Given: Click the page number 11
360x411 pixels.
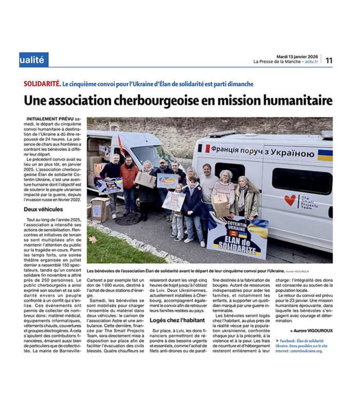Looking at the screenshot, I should pos(329,60).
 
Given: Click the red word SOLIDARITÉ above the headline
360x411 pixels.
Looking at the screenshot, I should pos(42,84).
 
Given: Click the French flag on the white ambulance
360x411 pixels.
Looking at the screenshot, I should pos(204,148).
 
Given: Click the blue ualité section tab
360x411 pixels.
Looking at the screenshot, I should pos(34,60).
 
